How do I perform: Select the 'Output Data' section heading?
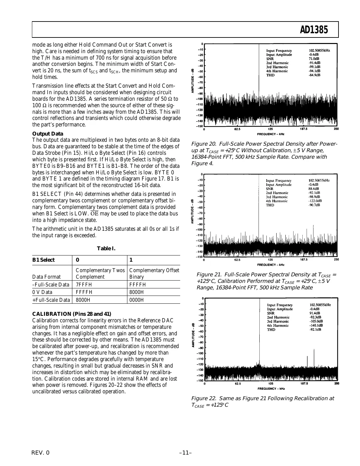tap(48, 134)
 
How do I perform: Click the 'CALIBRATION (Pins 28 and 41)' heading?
tap(72, 314)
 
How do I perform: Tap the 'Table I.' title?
tap(106, 249)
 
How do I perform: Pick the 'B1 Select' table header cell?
tap(43, 260)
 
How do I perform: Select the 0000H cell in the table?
tap(137, 300)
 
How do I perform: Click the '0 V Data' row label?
tap(42, 292)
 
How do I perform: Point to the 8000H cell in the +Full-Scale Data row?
tap(83, 300)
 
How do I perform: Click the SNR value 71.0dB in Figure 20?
tap(314, 59)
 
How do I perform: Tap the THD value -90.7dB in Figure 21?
tap(314, 205)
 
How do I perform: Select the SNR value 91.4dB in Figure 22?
tap(315, 313)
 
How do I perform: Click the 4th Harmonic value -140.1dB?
tap(316, 325)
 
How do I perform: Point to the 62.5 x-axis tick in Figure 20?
tap(237, 129)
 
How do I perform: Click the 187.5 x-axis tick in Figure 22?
tap(304, 384)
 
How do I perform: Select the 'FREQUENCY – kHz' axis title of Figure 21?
tap(270, 265)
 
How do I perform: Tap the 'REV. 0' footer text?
tap(41, 453)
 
